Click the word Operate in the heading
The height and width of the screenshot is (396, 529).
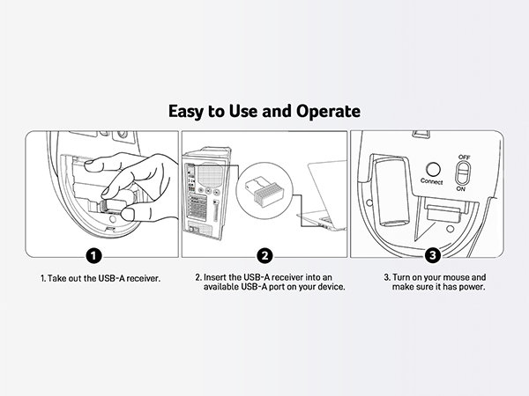[328, 112]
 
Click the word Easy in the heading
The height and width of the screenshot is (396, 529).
[185, 112]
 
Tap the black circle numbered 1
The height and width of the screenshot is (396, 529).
[93, 256]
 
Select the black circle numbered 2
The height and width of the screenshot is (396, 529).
[264, 256]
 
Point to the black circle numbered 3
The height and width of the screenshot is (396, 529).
[433, 255]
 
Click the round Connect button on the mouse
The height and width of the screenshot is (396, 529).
[433, 169]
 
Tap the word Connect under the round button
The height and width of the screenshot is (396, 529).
[431, 181]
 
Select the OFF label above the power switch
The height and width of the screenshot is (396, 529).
[465, 157]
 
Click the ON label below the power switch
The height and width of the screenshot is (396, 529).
[461, 188]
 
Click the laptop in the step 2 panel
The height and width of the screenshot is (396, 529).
[322, 197]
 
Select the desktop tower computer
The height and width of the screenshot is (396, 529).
[206, 194]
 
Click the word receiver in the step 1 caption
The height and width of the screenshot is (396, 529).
[144, 279]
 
